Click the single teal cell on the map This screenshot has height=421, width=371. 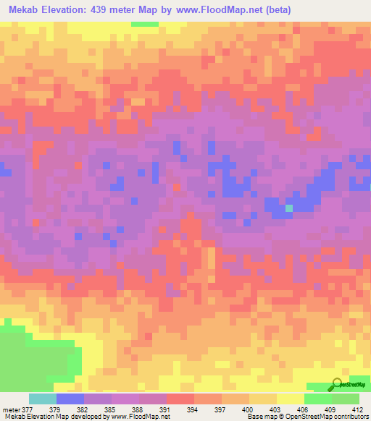pyautogui.click(x=289, y=208)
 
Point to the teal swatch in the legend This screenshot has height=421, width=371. pyautogui.click(x=42, y=399)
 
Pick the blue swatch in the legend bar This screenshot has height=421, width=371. pyautogui.click(x=70, y=399)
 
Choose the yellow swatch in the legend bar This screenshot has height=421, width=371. pyautogui.click(x=290, y=399)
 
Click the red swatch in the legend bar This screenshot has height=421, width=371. pyautogui.click(x=180, y=399)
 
